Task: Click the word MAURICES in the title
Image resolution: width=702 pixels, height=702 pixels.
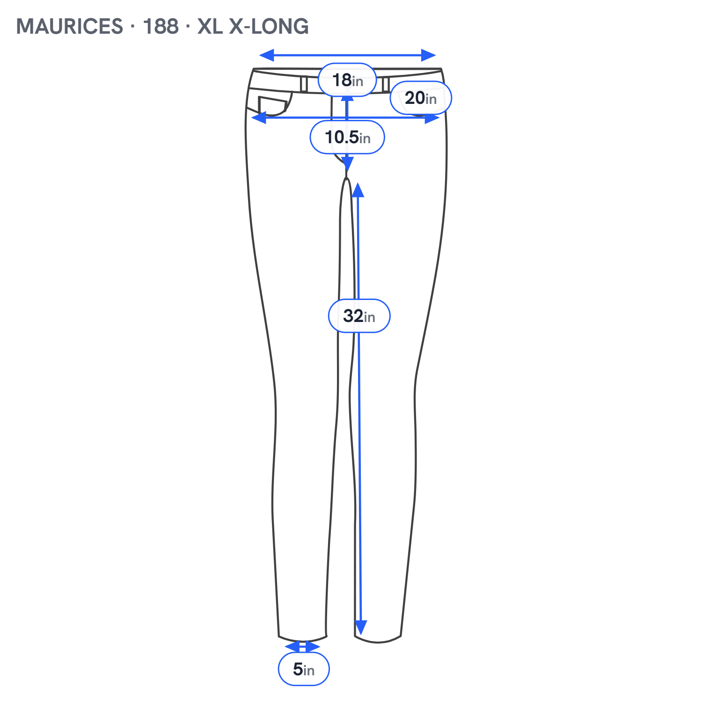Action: pyautogui.click(x=70, y=26)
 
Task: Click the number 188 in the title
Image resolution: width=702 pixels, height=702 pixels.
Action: pyautogui.click(x=161, y=26)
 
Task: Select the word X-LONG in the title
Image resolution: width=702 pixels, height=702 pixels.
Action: pyautogui.click(x=269, y=26)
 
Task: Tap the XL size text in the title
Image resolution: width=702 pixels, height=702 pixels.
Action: pyautogui.click(x=210, y=26)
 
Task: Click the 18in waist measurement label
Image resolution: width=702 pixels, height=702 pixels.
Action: pyautogui.click(x=347, y=80)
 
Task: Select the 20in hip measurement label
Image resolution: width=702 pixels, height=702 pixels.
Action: pyautogui.click(x=421, y=98)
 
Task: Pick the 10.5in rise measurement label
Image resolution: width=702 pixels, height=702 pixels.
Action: pyautogui.click(x=347, y=137)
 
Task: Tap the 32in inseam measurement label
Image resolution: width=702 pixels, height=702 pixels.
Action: pyautogui.click(x=359, y=316)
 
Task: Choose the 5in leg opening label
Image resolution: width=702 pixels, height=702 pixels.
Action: pyautogui.click(x=304, y=669)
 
